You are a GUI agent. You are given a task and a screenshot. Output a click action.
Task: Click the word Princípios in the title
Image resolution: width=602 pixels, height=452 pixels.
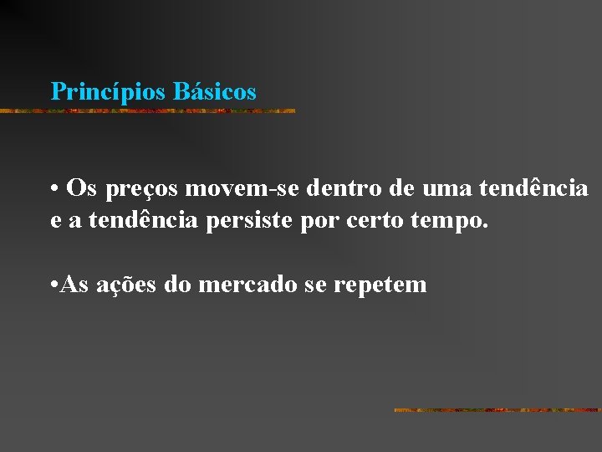pyautogui.click(x=109, y=91)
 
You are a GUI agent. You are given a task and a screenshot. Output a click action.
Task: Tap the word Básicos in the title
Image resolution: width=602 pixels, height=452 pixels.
pyautogui.click(x=215, y=91)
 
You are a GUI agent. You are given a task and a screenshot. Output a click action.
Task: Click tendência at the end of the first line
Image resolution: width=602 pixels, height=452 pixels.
pyautogui.click(x=534, y=188)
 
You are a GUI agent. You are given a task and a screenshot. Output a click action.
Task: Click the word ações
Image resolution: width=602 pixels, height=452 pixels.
pyautogui.click(x=127, y=285)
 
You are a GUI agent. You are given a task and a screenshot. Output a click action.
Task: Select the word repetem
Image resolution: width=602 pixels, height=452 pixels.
pyautogui.click(x=380, y=285)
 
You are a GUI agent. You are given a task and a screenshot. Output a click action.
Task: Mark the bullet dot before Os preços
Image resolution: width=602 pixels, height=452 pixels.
pyautogui.click(x=53, y=188)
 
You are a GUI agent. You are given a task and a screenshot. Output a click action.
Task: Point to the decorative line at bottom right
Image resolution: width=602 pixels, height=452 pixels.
pyautogui.click(x=497, y=410)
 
